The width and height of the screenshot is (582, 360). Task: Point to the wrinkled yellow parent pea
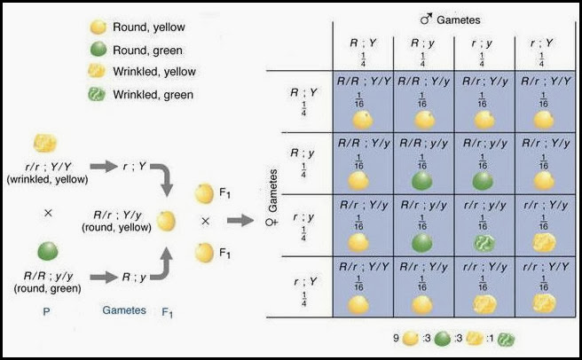click(x=45, y=144)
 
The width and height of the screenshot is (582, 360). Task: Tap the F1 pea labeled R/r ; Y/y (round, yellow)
click(x=165, y=219)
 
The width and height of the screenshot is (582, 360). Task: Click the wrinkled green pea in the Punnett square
click(x=484, y=241)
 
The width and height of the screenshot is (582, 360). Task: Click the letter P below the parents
click(x=46, y=310)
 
